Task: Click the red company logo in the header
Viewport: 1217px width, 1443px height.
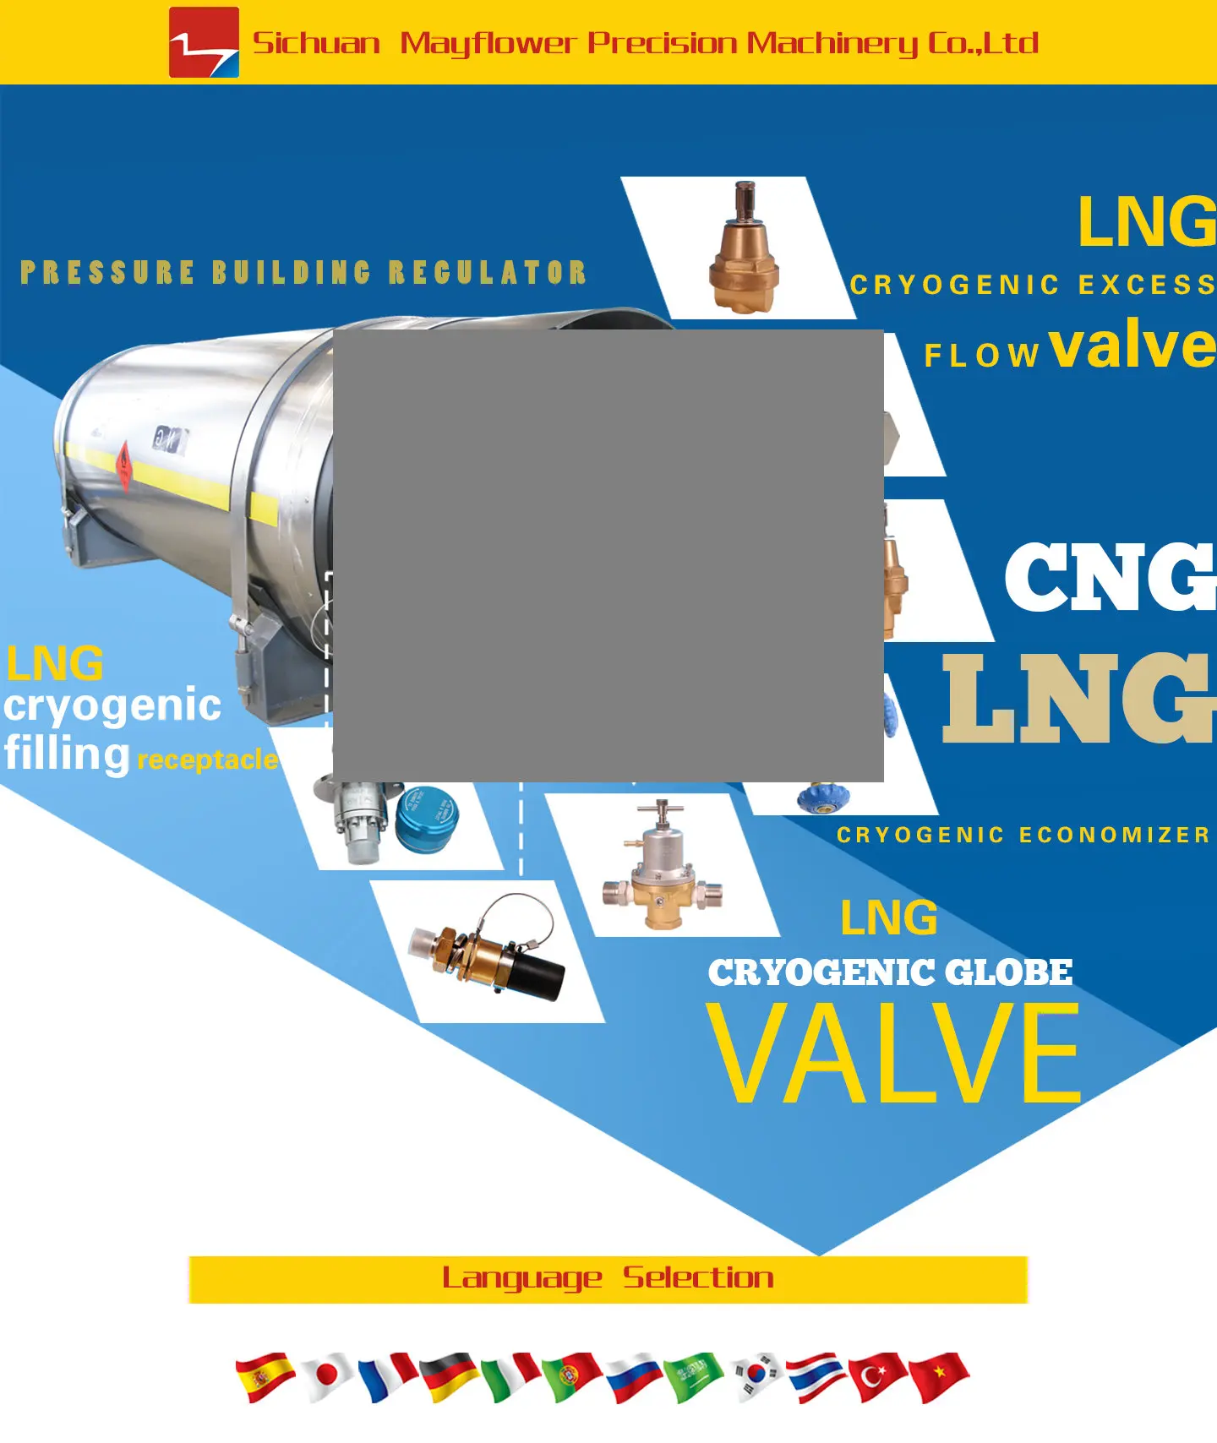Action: point(204,42)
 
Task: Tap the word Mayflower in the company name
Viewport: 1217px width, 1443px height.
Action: point(488,42)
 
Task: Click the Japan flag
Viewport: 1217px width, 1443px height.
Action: point(326,1376)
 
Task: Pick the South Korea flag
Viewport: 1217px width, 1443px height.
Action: point(756,1376)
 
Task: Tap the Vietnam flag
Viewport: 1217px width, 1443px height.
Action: point(939,1376)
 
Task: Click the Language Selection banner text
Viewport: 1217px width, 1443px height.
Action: point(608,1278)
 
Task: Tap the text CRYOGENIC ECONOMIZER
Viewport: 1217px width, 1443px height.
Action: point(1023,835)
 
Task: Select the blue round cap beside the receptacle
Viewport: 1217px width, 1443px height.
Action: point(428,818)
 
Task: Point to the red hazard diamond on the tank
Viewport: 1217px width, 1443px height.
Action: point(124,464)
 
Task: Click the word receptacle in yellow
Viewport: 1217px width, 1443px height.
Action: point(207,760)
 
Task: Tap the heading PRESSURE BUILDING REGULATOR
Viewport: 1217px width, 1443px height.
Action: point(303,272)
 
